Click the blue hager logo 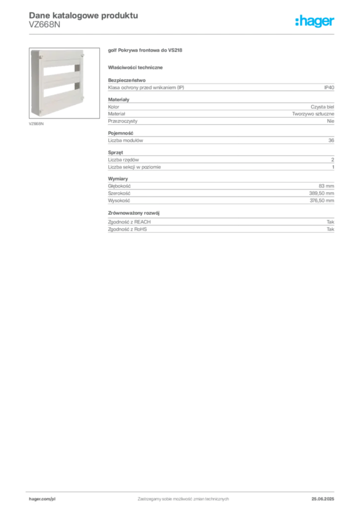pyautogui.click(x=316, y=21)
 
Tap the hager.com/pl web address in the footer pyautogui.click(x=42, y=498)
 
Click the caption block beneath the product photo pyautogui.click(x=38, y=123)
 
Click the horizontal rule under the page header pyautogui.click(x=182, y=34)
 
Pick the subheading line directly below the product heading pyautogui.click(x=137, y=67)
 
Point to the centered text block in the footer pyautogui.click(x=182, y=497)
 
